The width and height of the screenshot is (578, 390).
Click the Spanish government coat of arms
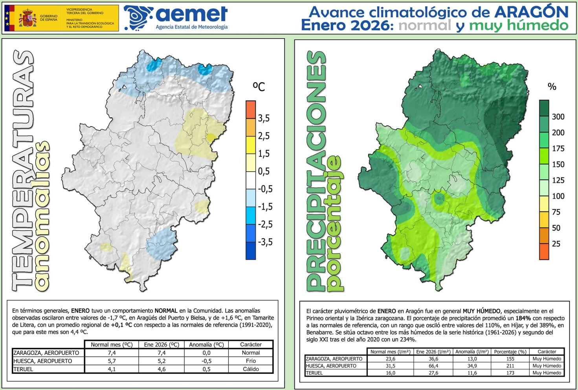click(x=27, y=18)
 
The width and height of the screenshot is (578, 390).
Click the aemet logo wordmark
click(x=191, y=15)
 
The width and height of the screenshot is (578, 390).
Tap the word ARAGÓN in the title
click(x=531, y=12)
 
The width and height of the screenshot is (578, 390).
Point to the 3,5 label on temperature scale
click(x=264, y=118)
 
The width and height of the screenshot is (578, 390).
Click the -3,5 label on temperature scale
click(x=265, y=242)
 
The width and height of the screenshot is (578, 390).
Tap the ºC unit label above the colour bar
click(x=259, y=86)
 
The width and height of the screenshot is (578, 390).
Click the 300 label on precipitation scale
click(x=558, y=116)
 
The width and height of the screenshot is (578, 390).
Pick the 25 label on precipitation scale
click(x=556, y=244)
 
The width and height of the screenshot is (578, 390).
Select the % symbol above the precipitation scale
click(x=552, y=87)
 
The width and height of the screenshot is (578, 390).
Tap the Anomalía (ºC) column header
click(x=206, y=344)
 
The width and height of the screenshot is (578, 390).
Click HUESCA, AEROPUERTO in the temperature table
click(x=42, y=361)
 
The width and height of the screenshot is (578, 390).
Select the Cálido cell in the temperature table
click(x=251, y=369)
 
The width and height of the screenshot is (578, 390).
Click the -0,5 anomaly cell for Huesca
click(x=206, y=361)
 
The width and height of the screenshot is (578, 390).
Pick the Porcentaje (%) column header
click(x=510, y=352)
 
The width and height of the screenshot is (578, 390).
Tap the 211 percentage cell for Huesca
click(x=510, y=366)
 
